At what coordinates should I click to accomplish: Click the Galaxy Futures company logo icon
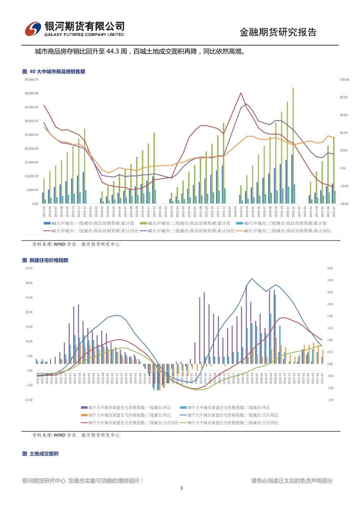33,29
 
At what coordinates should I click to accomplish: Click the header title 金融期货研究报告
278,33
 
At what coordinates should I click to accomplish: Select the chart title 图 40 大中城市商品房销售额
54,72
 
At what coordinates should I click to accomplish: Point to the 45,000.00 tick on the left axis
31,80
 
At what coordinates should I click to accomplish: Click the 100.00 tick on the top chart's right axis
344,80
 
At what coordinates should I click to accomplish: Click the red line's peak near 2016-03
241,93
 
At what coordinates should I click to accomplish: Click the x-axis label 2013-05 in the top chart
44,211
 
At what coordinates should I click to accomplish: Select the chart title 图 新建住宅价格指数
45,260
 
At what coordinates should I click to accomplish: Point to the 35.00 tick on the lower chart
29,268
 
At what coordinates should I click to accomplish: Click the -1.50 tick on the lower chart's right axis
330,400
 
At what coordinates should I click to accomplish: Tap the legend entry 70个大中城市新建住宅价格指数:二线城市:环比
225,408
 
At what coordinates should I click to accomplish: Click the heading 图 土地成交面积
41,454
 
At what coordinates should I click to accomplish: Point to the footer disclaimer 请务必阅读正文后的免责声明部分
292,481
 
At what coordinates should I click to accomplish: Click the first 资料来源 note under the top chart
76,244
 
